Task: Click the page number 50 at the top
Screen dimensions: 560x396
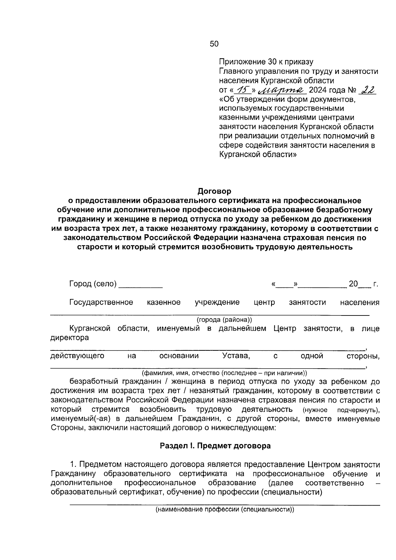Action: click(214, 44)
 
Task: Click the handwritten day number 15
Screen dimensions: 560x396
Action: click(244, 90)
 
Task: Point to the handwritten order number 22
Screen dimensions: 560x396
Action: click(368, 90)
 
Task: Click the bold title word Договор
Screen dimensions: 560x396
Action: click(214, 191)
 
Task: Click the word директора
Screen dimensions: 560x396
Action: click(69, 338)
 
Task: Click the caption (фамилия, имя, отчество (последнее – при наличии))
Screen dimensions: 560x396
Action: click(224, 373)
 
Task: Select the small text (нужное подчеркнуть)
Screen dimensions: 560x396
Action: click(341, 410)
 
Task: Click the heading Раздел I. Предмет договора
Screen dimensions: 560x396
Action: click(215, 446)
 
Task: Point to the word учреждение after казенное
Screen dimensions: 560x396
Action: click(217, 302)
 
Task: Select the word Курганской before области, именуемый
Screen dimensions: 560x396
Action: click(89, 329)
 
